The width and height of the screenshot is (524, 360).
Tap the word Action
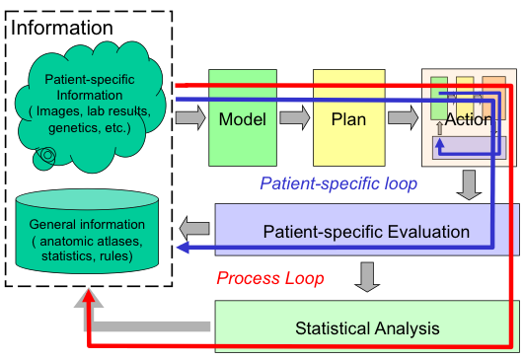point(470,119)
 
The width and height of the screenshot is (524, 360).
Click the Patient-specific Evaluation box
point(366,232)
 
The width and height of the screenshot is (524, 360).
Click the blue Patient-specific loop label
point(325,182)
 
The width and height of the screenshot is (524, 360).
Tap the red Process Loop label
point(269,279)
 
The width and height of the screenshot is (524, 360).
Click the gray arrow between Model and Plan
point(293,118)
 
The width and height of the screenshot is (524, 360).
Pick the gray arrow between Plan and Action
point(402,118)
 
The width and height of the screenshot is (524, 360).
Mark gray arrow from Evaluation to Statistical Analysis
point(366,275)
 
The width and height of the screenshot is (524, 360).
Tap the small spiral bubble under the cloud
point(45,155)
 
